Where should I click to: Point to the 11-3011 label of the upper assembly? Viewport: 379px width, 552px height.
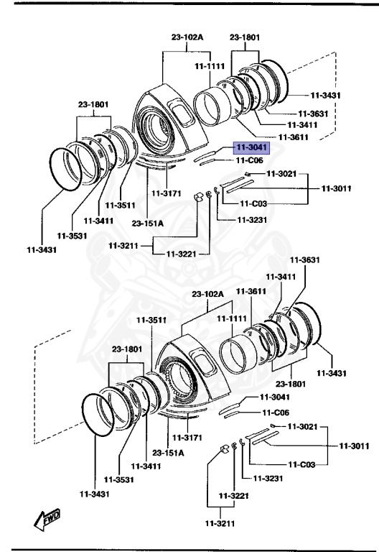[x=335, y=188]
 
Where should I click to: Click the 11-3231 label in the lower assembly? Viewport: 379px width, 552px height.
[x=261, y=477]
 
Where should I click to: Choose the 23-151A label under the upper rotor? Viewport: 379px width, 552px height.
[x=148, y=223]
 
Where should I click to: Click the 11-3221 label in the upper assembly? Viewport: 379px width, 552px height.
[x=182, y=254]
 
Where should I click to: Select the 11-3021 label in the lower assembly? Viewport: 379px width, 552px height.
[x=302, y=426]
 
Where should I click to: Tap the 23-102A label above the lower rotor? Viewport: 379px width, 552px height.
[x=208, y=294]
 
